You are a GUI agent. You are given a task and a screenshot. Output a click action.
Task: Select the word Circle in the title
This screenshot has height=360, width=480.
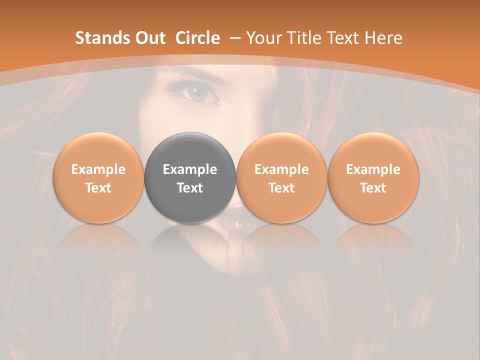tap(197, 38)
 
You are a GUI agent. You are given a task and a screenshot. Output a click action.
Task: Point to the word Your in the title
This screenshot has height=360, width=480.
tap(262, 38)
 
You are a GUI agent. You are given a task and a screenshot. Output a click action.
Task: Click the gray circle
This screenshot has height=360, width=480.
tap(190, 178)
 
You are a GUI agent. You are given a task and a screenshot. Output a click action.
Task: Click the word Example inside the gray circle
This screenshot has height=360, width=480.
tap(190, 169)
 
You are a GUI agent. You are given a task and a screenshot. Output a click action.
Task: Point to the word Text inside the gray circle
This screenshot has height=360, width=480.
tap(190, 188)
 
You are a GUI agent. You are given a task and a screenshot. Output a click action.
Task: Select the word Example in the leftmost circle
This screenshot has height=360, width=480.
tap(98, 169)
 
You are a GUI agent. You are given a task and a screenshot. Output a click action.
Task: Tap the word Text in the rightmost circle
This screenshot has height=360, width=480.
tap(373, 188)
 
